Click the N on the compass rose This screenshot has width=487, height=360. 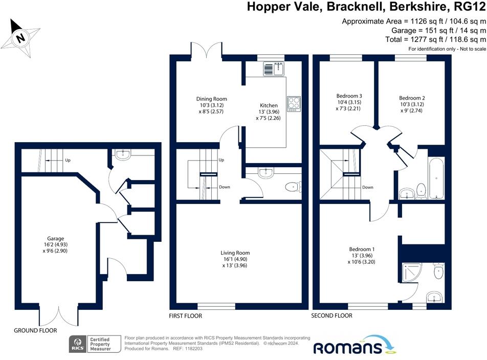click(x=21, y=38)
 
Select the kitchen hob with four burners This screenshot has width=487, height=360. click(x=294, y=104)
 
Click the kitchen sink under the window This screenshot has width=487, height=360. click(x=274, y=69)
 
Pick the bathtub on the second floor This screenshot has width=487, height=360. click(x=437, y=178)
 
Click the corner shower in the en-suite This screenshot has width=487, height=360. click(x=411, y=273)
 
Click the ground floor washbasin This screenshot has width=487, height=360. click(x=123, y=154)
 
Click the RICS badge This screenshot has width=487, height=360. click(x=78, y=344)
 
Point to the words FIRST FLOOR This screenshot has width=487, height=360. click(x=185, y=316)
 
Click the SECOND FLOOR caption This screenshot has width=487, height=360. click(x=331, y=316)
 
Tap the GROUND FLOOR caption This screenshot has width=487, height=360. click(x=35, y=330)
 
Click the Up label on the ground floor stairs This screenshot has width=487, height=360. click(x=68, y=160)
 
